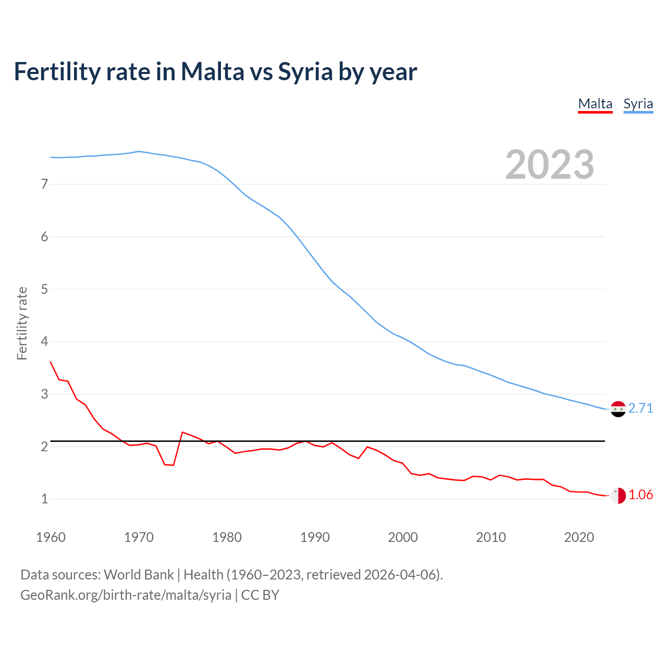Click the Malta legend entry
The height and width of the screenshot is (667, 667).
click(x=595, y=104)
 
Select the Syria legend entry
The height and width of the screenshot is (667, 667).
click(x=638, y=104)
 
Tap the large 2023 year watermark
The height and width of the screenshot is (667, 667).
click(x=549, y=165)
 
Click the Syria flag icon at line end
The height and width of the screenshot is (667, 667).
click(x=618, y=409)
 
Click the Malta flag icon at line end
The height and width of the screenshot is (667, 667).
click(x=618, y=496)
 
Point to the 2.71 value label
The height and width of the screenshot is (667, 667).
click(x=640, y=408)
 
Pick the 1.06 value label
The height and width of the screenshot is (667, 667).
click(x=640, y=495)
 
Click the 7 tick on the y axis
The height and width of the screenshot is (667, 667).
click(x=44, y=184)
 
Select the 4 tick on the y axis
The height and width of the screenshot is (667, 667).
click(x=44, y=342)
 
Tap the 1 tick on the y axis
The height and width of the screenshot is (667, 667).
click(x=44, y=499)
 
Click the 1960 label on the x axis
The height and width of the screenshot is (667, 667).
click(x=51, y=537)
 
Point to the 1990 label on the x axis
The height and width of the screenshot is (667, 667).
click(x=315, y=537)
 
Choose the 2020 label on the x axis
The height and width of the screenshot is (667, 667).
click(x=579, y=537)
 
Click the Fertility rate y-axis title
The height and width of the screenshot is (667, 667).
click(x=22, y=323)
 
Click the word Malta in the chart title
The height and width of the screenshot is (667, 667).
click(x=212, y=71)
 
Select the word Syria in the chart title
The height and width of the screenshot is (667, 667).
click(x=305, y=71)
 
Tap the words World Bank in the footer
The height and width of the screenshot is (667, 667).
click(x=139, y=575)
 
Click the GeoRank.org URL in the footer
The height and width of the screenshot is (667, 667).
click(x=126, y=595)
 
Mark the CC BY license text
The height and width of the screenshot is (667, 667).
click(x=260, y=595)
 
